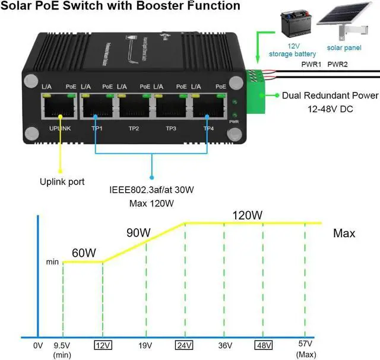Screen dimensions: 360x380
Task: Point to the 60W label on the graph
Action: click(x=84, y=253)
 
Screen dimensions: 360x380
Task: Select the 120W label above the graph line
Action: click(x=246, y=215)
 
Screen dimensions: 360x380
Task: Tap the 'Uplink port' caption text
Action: click(x=62, y=181)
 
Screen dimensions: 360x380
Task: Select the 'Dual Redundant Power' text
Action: click(x=330, y=95)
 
